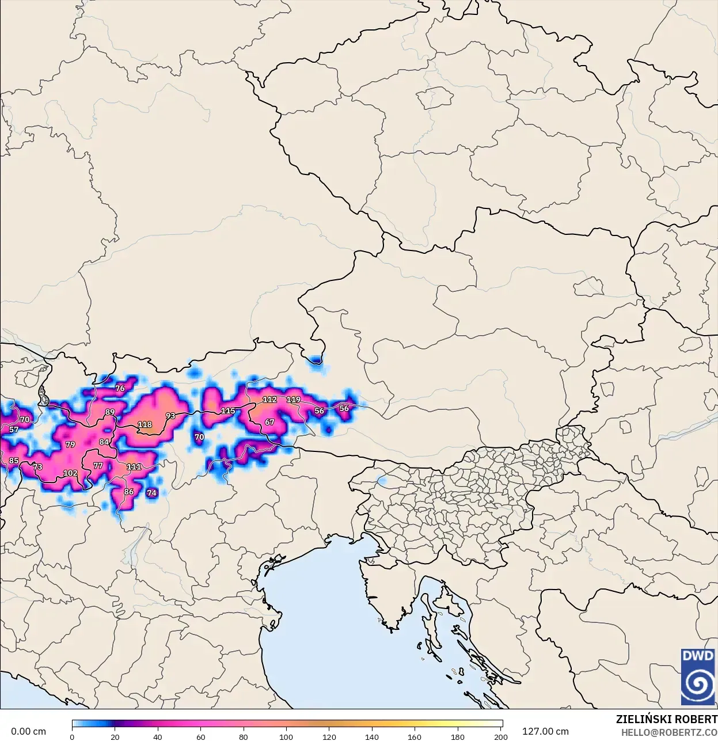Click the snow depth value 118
[x=145, y=425]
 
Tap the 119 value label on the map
[x=294, y=400]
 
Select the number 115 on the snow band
[x=228, y=411]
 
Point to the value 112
[x=269, y=400]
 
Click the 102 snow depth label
[x=70, y=473]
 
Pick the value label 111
[x=134, y=467]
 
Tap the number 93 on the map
[x=170, y=416]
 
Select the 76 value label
[x=120, y=389]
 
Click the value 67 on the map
[x=269, y=422]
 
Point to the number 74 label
[x=151, y=493]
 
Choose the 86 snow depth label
[x=128, y=492]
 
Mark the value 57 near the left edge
[x=14, y=430]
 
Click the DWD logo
[x=698, y=677]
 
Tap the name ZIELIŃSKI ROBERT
[x=666, y=720]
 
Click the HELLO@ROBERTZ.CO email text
[x=668, y=732]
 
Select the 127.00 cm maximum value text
[x=545, y=732]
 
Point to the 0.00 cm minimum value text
[x=28, y=732]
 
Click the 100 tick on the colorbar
[x=286, y=737]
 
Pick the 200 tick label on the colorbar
[x=501, y=737]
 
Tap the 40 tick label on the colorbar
[x=158, y=737]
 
